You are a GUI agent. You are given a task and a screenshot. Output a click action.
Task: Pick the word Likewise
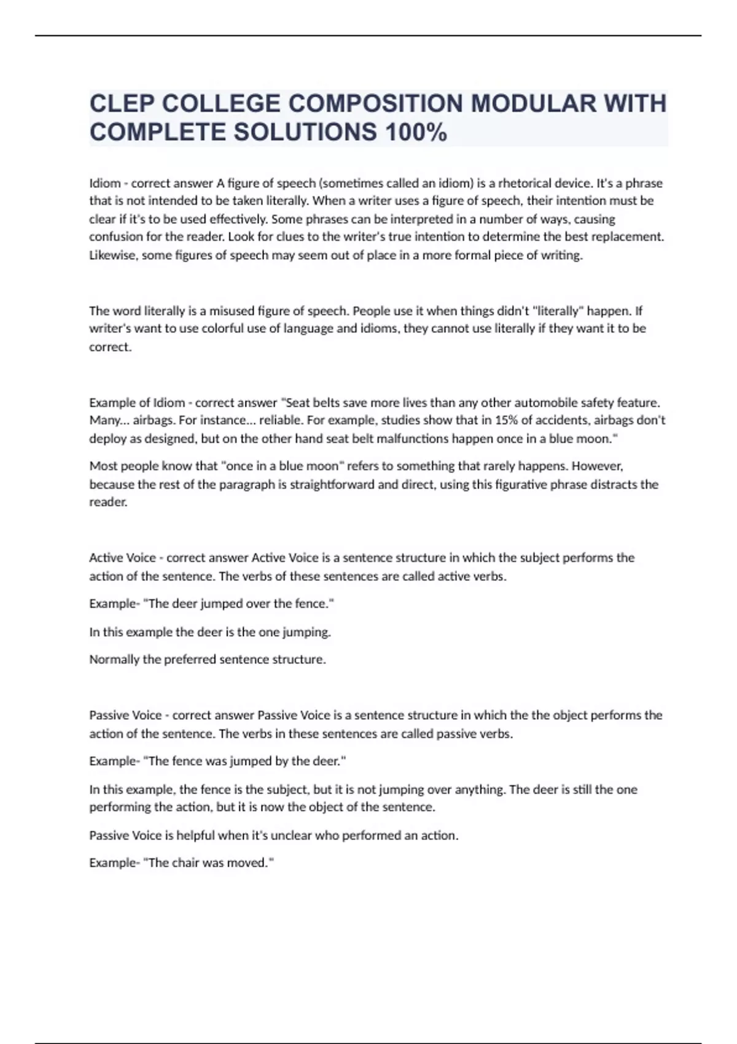113,255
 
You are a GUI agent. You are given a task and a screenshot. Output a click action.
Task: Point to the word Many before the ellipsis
104,421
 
